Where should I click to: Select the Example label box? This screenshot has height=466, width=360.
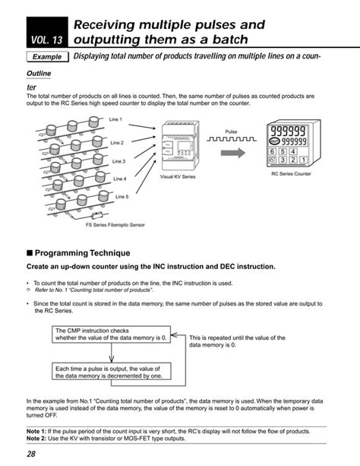tap(47, 58)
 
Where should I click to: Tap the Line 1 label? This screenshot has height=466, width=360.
tap(115, 120)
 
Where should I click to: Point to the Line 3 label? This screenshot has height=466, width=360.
tap(119, 161)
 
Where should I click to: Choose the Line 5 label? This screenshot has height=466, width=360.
tap(122, 196)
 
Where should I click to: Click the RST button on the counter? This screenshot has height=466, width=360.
tap(272, 160)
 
